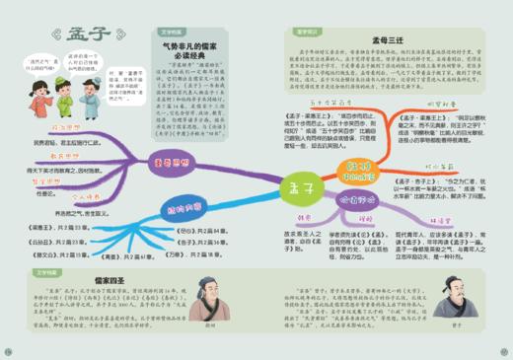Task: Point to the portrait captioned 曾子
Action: coord(469,316)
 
